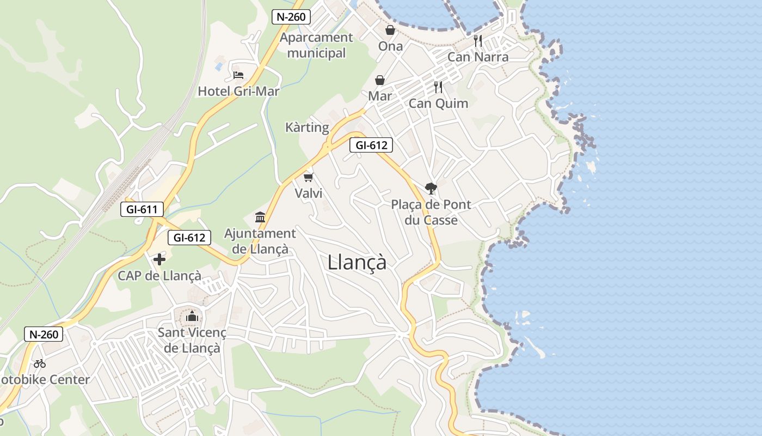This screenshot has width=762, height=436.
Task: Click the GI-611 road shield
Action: [142, 209]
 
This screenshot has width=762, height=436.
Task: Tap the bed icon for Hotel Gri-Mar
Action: [238, 75]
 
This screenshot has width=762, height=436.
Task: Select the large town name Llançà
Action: [357, 262]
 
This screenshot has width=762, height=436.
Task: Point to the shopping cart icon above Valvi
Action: [309, 177]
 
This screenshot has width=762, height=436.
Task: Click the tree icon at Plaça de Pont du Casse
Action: [431, 189]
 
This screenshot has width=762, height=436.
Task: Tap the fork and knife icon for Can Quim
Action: [438, 87]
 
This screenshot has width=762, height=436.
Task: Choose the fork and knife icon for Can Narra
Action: [478, 40]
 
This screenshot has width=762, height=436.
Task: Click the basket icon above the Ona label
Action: [390, 30]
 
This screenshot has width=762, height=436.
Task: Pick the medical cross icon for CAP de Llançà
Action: [159, 259]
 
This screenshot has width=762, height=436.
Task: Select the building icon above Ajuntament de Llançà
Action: [260, 217]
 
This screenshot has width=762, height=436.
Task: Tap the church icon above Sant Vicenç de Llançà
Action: [192, 316]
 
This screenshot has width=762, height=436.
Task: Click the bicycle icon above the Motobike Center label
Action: [40, 364]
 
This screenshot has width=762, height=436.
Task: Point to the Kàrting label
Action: [307, 128]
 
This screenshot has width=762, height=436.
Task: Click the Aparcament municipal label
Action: [316, 45]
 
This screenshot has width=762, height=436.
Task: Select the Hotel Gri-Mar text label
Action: [238, 91]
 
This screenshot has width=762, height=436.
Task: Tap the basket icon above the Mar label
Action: [380, 81]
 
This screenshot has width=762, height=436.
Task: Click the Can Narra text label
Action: [478, 57]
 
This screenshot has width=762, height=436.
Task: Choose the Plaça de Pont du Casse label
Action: [431, 213]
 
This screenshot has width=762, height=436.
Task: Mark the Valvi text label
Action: [309, 193]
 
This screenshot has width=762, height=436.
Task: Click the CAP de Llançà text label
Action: [159, 276]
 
